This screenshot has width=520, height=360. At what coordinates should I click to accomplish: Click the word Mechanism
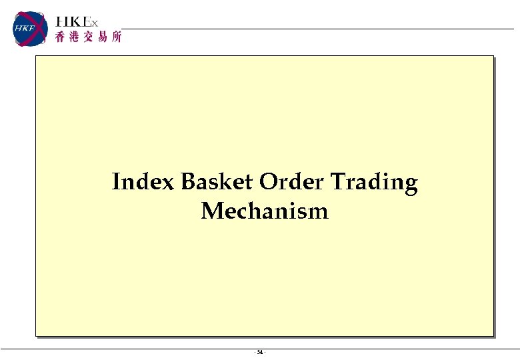pyautogui.click(x=265, y=211)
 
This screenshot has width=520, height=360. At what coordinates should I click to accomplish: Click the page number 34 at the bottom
pyautogui.click(x=260, y=352)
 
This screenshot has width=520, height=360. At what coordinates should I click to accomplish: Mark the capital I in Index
pyautogui.click(x=117, y=181)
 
